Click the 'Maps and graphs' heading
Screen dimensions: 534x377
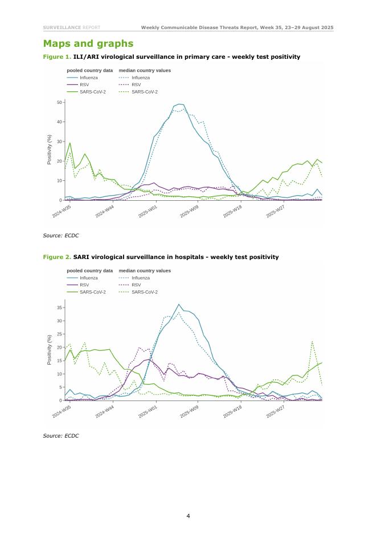point(88,44)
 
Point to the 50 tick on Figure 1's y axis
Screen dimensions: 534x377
point(60,102)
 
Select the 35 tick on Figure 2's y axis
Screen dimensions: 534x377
point(60,308)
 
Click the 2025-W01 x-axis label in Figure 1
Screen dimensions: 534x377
point(149,212)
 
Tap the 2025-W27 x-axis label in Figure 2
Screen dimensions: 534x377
point(276,412)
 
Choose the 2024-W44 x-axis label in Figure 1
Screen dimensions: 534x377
point(106,212)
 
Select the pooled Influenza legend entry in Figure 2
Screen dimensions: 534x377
point(86,278)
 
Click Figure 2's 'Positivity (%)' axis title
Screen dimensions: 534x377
point(50,350)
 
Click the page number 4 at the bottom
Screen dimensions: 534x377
point(188,516)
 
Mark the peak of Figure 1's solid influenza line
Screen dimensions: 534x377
point(180,104)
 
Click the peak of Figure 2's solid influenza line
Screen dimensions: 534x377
point(179,304)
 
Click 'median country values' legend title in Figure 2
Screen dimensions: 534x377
point(145,270)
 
